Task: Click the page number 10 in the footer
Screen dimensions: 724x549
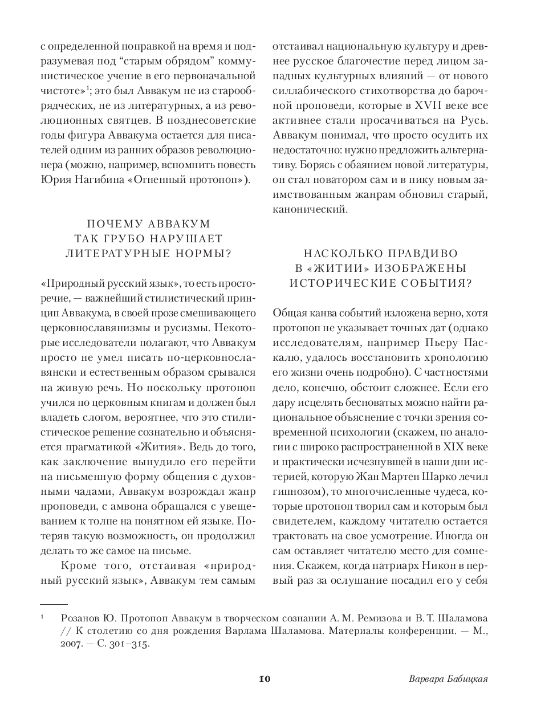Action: pos(265,679)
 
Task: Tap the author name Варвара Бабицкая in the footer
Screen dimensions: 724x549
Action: pos(449,679)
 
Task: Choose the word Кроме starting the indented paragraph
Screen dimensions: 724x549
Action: pos(78,566)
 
